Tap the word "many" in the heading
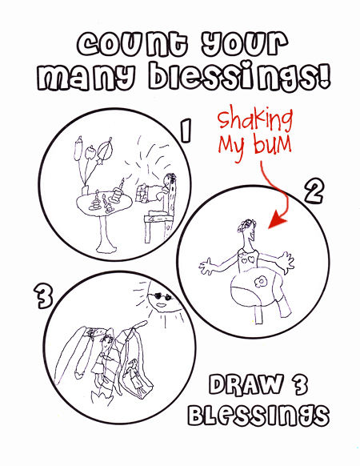(x=86, y=78)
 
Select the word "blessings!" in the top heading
(x=239, y=76)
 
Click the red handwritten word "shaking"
(x=255, y=120)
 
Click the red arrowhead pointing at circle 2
(x=277, y=220)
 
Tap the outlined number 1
(x=186, y=131)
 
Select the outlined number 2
(x=314, y=191)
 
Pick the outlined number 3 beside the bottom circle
(x=43, y=296)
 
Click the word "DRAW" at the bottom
(x=246, y=384)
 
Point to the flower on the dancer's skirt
(x=261, y=282)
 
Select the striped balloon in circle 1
(x=104, y=149)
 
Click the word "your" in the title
(x=245, y=45)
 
